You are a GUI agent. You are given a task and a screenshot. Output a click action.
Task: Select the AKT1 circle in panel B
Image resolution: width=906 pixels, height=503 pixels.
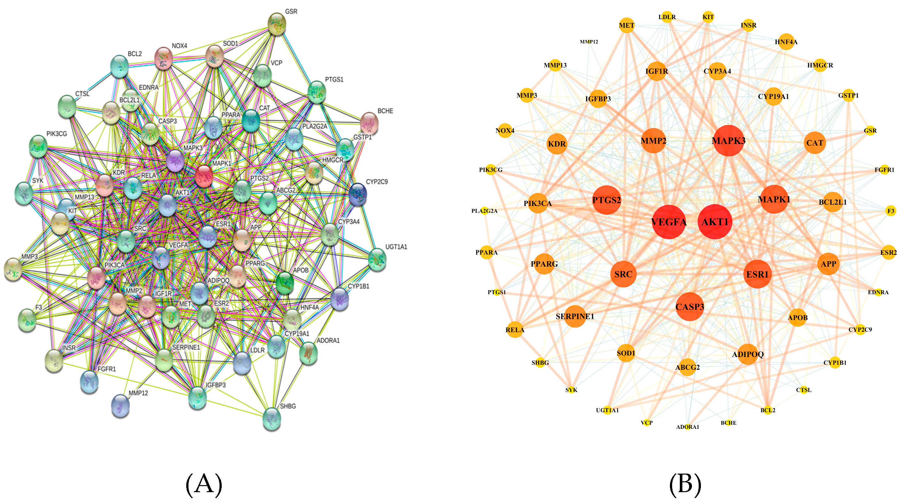tap(715, 221)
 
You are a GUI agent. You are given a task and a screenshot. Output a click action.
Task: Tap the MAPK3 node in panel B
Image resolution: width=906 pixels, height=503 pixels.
tap(728, 141)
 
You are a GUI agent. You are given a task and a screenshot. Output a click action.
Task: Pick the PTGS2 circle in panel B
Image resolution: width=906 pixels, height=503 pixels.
tap(606, 200)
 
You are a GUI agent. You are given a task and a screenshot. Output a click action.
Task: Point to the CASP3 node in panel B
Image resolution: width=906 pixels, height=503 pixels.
tap(689, 307)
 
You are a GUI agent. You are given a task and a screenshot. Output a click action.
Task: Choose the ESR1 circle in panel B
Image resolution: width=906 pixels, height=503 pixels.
tap(757, 274)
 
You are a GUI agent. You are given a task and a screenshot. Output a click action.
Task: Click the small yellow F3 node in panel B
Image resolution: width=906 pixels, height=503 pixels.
tap(891, 211)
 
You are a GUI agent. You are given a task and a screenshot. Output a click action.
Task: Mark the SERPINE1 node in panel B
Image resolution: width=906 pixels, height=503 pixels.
tap(575, 316)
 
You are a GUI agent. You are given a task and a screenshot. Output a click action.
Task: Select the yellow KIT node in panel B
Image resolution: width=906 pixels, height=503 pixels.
tap(708, 17)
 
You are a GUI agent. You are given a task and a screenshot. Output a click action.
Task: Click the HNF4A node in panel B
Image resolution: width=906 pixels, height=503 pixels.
tap(786, 42)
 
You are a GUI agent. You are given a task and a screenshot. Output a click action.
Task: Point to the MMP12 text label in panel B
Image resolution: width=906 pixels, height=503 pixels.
tap(589, 42)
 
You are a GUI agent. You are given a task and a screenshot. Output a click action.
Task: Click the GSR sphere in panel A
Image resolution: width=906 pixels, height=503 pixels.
tap(277, 24)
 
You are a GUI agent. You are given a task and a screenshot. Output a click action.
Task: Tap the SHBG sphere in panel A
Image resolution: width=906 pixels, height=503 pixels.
tap(272, 418)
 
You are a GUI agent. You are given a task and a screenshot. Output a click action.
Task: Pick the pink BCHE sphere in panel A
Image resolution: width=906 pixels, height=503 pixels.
tap(369, 123)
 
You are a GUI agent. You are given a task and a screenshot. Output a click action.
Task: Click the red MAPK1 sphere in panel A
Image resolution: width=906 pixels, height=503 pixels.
tap(203, 176)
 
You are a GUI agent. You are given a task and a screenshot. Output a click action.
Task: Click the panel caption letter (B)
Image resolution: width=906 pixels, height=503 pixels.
tap(685, 484)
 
